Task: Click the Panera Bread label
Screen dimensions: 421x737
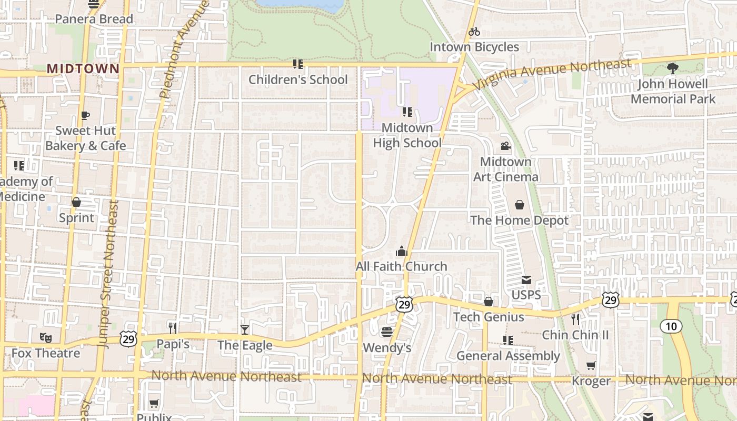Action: click(94, 19)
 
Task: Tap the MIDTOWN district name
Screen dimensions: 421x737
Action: click(83, 68)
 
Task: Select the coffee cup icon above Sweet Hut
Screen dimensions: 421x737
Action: click(85, 116)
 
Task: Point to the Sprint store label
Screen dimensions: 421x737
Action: click(76, 217)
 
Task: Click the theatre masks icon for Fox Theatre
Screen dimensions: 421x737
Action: click(45, 337)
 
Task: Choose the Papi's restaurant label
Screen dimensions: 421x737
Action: click(173, 344)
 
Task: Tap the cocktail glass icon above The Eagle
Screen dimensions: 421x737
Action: click(245, 330)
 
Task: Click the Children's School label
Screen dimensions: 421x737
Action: click(298, 79)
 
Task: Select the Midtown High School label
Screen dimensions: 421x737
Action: click(407, 135)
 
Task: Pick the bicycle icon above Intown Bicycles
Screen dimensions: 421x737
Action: click(474, 32)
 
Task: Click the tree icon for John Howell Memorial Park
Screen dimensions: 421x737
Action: click(672, 68)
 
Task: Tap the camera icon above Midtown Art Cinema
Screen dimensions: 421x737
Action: click(505, 146)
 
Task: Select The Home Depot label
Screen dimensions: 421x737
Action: click(519, 220)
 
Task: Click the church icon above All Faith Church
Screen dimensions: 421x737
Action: click(402, 251)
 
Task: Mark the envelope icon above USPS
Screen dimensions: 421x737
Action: click(526, 279)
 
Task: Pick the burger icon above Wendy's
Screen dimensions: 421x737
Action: click(387, 332)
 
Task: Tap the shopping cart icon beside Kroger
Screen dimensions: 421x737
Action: click(591, 366)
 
